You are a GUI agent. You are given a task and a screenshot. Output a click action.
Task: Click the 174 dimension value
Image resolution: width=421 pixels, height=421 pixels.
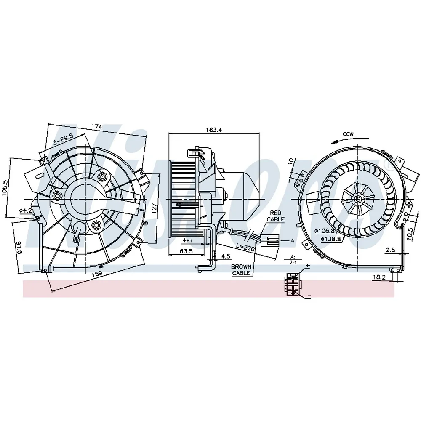click(x=97, y=126)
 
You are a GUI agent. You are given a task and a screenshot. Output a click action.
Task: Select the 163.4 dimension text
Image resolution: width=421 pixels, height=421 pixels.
click(x=214, y=130)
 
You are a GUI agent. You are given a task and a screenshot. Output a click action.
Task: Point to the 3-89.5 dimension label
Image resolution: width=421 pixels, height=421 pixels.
click(x=63, y=139)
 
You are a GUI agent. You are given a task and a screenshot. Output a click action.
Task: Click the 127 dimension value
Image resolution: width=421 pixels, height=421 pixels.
click(x=154, y=209)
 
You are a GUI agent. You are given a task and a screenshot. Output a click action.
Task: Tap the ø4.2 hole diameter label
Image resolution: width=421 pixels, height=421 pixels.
click(x=26, y=210)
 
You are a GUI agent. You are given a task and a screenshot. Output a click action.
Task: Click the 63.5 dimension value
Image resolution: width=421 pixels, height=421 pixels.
click(x=186, y=251)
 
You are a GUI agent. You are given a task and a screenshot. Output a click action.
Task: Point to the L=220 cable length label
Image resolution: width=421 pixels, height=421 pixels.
click(x=245, y=248)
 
